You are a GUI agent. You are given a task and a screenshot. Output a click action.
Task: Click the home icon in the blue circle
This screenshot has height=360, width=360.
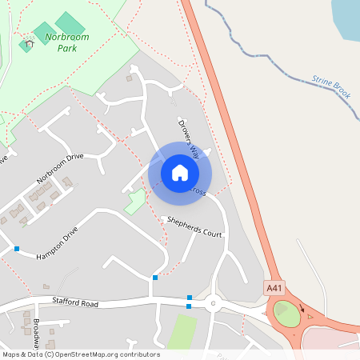[180, 172]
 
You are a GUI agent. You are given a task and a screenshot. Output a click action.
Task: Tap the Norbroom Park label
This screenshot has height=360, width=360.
[67, 42]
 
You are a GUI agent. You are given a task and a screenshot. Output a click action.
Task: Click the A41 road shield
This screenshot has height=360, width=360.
[274, 286]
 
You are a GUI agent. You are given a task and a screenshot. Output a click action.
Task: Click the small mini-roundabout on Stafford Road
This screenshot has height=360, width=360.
[213, 303]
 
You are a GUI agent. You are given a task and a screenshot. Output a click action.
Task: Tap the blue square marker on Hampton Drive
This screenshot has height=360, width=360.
[17, 249]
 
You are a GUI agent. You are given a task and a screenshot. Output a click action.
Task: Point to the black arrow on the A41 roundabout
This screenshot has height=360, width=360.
[302, 306]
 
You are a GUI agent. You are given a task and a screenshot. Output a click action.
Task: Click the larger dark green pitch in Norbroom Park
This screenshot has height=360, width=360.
[70, 22]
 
